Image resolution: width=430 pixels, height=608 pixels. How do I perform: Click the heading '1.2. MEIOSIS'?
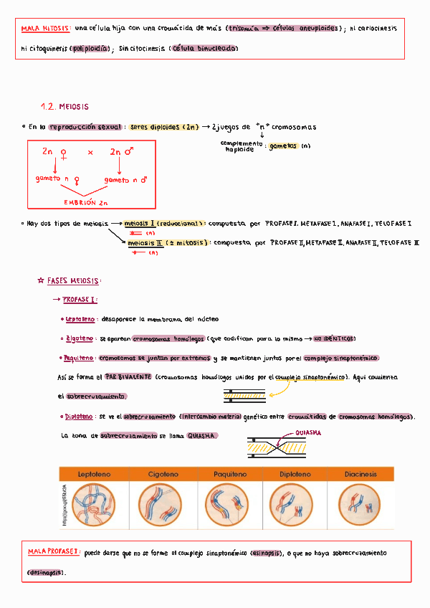[64, 107]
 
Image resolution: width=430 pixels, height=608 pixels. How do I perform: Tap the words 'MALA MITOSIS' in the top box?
[46, 28]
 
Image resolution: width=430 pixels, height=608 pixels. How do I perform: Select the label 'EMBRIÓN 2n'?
[85, 202]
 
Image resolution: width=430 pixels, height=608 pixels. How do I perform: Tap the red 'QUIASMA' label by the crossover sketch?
[307, 433]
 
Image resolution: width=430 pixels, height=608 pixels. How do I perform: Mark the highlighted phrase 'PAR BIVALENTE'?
[128, 376]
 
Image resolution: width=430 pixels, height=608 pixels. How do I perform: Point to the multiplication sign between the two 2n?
[91, 153]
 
